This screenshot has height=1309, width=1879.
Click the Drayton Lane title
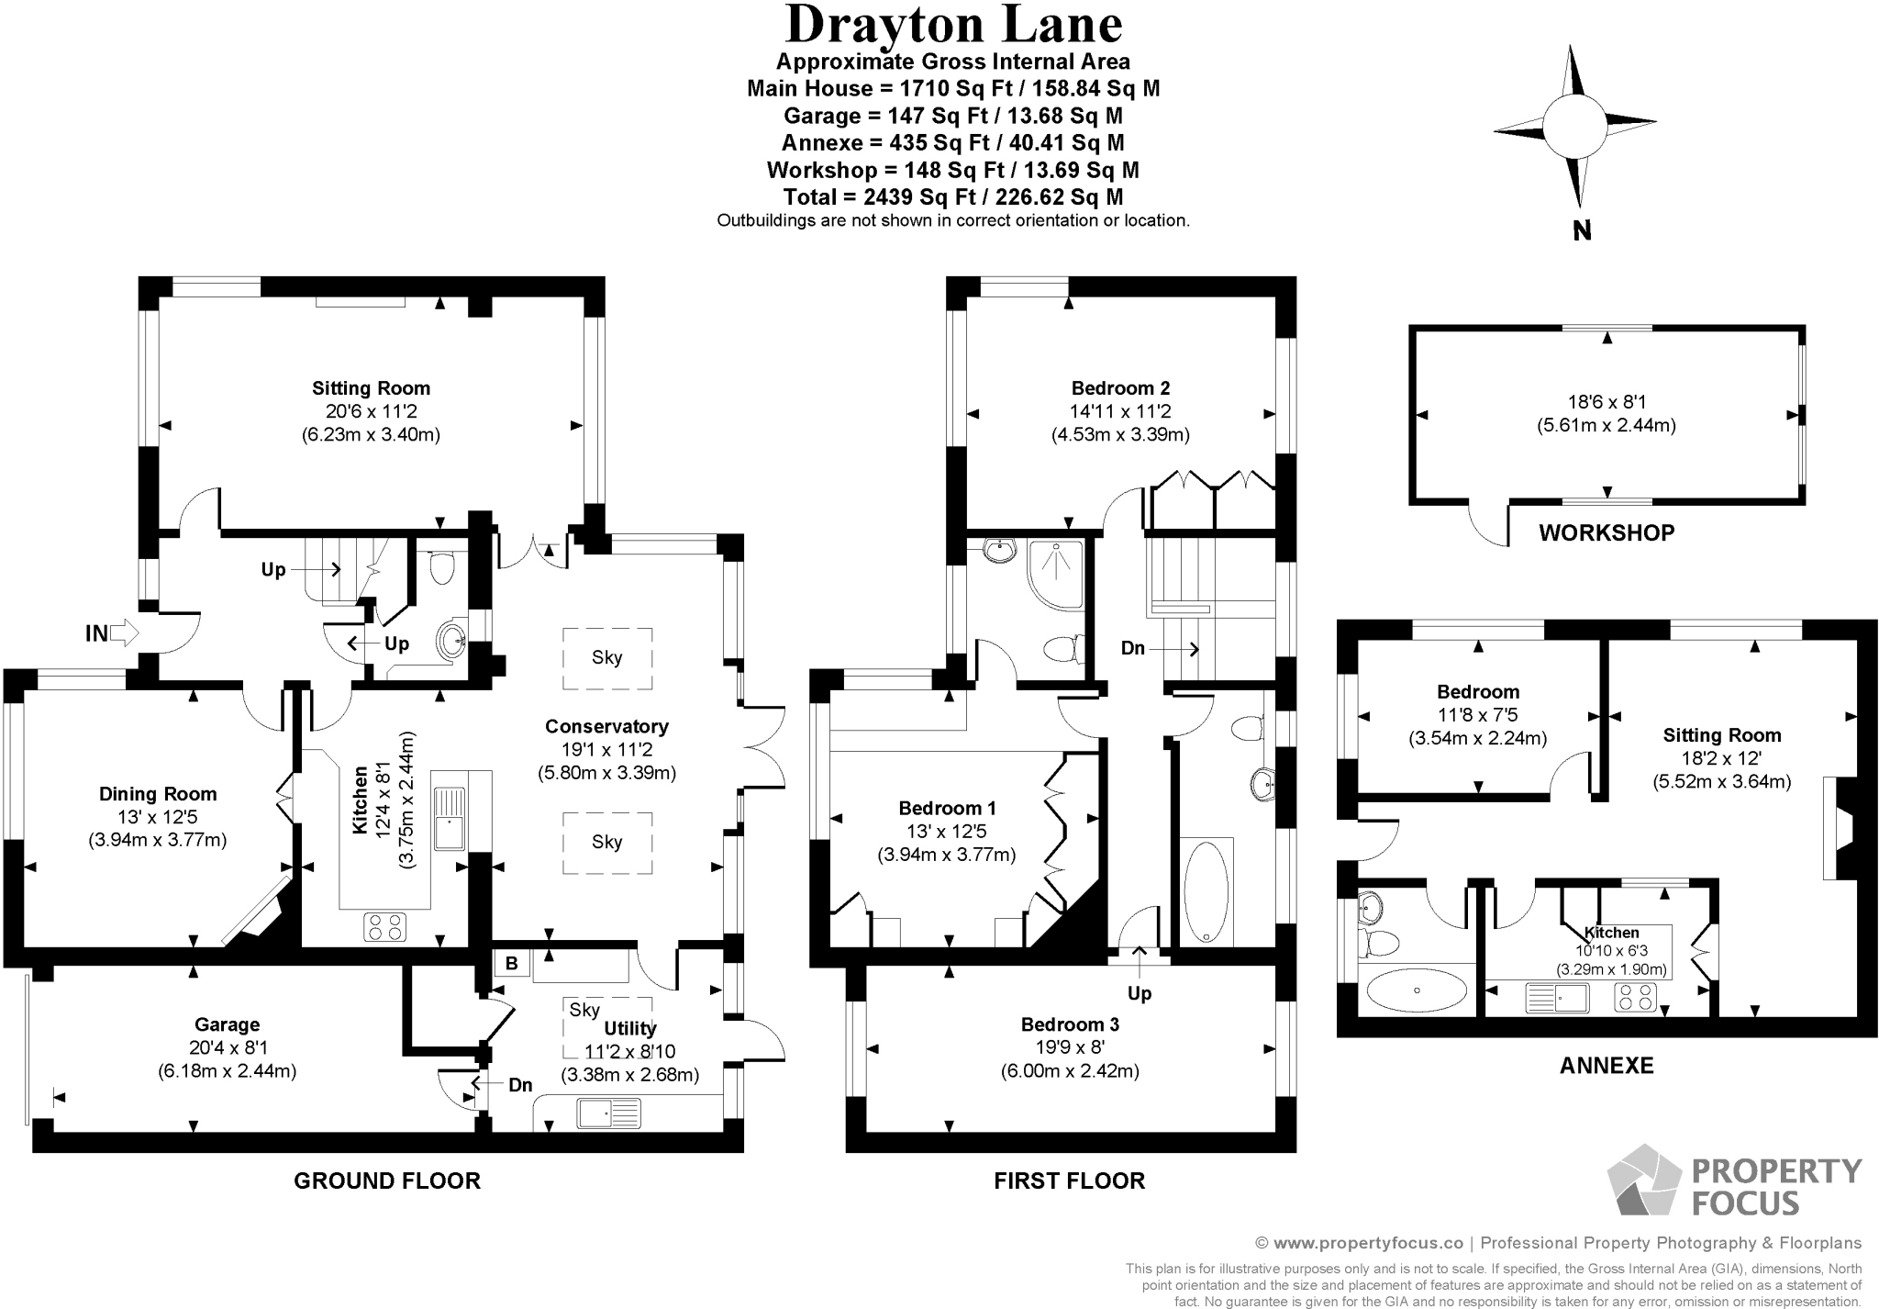pyautogui.click(x=953, y=25)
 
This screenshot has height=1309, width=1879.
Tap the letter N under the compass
pyautogui.click(x=1582, y=231)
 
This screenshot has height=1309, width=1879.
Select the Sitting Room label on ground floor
pyautogui.click(x=371, y=388)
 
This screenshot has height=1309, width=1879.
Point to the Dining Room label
pyautogui.click(x=158, y=794)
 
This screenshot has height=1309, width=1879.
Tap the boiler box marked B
pyautogui.click(x=512, y=963)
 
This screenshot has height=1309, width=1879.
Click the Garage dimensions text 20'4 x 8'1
pyautogui.click(x=227, y=1047)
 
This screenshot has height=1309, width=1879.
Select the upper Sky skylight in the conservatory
pyautogui.click(x=606, y=657)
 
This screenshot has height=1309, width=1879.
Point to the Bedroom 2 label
pyautogui.click(x=1120, y=388)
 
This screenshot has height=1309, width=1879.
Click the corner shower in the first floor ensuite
pyautogui.click(x=1056, y=574)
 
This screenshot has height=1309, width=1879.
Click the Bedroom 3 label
pyautogui.click(x=1070, y=1024)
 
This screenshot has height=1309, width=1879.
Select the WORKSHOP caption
pyautogui.click(x=1607, y=532)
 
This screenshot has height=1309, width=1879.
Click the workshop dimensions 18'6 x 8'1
pyautogui.click(x=1607, y=401)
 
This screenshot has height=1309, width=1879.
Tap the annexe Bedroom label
pyautogui.click(x=1477, y=692)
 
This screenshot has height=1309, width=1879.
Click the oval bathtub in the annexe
pyautogui.click(x=1417, y=990)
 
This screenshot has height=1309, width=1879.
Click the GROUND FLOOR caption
pyautogui.click(x=387, y=1180)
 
